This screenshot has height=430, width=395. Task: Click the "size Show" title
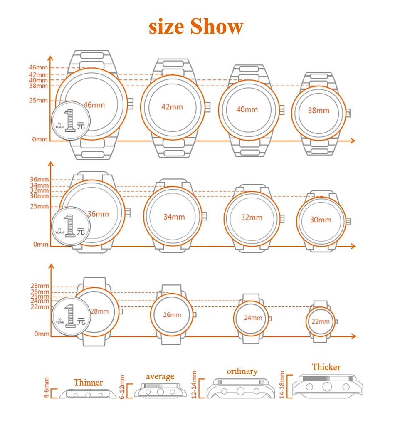[196, 27]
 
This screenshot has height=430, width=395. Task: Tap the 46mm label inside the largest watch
[94, 105]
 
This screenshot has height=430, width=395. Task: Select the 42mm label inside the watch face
[172, 107]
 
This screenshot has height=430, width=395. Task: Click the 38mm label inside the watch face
[318, 110]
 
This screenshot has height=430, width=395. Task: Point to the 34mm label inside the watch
[174, 217]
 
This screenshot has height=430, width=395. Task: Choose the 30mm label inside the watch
[321, 220]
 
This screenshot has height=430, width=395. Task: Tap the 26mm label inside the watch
[172, 315]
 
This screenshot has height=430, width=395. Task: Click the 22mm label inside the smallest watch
[321, 321]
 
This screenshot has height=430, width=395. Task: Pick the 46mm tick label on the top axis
[38, 67]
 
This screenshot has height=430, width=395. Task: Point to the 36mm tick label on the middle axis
[39, 180]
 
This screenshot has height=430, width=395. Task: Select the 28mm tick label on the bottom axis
[39, 286]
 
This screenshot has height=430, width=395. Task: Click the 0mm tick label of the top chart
[40, 139]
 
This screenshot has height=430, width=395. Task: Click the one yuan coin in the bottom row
[70, 316]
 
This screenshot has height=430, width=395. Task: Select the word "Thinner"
[88, 382]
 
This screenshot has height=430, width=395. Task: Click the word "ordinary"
[242, 371]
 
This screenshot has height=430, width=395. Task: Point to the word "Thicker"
[326, 367]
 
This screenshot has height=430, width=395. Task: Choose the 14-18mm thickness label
[283, 385]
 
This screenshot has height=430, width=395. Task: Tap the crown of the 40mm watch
[282, 110]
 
